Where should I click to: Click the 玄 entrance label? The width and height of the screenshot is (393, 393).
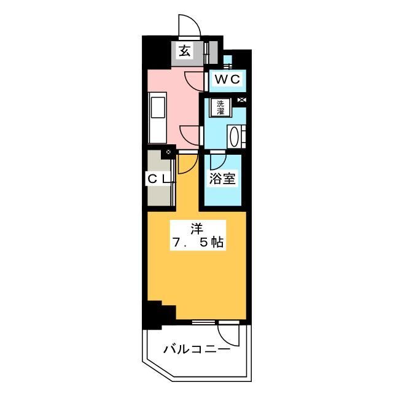(x=184, y=52)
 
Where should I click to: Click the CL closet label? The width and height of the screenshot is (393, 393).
(x=158, y=179)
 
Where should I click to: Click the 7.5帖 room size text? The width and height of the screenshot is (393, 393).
(x=197, y=243)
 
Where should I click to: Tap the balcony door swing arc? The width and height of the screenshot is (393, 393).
(x=228, y=334)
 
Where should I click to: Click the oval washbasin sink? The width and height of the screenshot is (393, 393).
(x=234, y=136)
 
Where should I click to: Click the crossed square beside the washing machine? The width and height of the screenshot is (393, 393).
(x=241, y=101)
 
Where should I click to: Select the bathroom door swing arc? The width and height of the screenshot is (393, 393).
(x=216, y=161)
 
